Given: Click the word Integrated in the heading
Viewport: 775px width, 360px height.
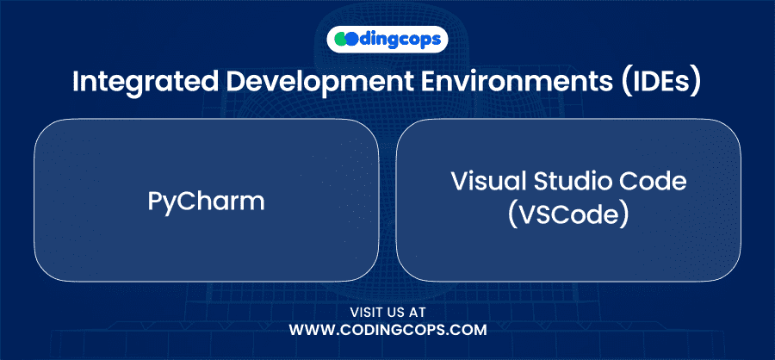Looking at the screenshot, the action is click(146, 83).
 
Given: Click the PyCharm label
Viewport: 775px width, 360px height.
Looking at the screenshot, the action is click(206, 202).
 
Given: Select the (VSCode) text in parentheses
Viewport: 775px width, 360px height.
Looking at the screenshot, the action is click(568, 215).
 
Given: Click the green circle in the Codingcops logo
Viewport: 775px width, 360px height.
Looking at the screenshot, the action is click(342, 40).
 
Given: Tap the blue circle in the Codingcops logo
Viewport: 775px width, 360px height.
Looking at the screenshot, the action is click(351, 40).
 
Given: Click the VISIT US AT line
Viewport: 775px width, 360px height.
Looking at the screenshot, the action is click(387, 313).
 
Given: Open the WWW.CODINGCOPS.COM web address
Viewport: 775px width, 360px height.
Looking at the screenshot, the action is click(387, 331).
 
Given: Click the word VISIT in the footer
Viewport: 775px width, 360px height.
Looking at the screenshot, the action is click(366, 313).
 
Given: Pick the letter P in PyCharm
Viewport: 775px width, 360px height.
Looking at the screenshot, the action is click(155, 202).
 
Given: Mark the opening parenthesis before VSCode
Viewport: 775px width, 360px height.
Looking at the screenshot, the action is click(512, 216).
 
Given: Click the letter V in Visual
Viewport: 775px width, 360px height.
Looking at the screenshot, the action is click(459, 183).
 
